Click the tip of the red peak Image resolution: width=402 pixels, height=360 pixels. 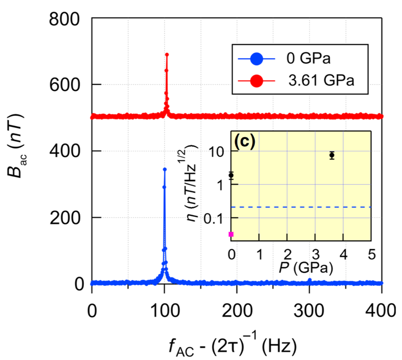(x=167, y=54)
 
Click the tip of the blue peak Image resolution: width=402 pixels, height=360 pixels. (x=164, y=169)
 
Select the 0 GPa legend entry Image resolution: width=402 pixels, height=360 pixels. (x=300, y=59)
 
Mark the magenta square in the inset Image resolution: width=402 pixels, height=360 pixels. (x=231, y=234)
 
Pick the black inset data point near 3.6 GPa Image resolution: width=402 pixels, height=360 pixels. (x=332, y=155)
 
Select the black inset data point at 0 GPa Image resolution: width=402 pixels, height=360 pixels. (x=231, y=175)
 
